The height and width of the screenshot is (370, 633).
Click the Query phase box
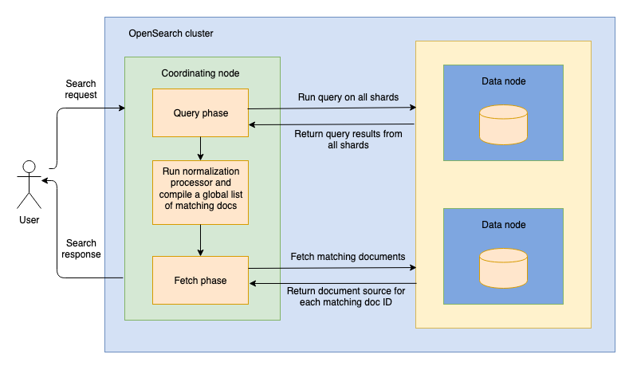point(200,113)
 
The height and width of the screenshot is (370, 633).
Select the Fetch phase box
point(200,280)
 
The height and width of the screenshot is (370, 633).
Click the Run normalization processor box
point(200,191)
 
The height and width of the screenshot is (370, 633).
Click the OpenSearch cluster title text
point(171,33)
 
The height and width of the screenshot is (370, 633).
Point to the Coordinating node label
point(200,73)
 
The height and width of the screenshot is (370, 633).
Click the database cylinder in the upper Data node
point(503,124)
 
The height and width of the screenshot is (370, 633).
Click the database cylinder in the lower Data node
point(503,269)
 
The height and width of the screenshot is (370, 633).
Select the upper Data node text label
point(503,81)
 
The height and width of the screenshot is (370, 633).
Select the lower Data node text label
point(503,225)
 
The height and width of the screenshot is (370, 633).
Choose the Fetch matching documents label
point(348,257)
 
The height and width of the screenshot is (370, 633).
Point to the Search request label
point(81,89)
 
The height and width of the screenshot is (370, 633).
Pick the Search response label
point(82,249)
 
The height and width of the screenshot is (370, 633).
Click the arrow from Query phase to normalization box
point(200,148)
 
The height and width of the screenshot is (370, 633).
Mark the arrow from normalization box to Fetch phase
point(200,239)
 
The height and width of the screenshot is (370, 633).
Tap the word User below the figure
point(29,219)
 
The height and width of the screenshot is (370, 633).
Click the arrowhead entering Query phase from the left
point(121,108)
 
